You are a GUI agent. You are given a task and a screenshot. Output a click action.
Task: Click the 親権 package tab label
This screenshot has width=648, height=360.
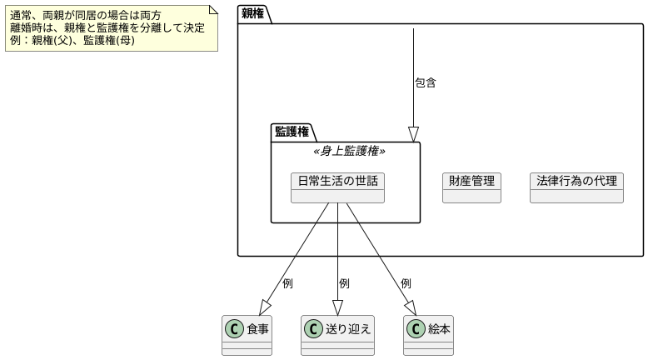[254, 12]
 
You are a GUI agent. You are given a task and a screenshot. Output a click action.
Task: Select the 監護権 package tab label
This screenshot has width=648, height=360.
[292, 132]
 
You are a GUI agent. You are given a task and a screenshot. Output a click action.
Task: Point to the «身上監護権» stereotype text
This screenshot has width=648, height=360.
[348, 151]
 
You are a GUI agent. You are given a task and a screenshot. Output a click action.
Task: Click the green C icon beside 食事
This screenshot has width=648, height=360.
[235, 329]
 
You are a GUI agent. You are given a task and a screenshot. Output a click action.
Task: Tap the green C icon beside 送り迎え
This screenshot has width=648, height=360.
[314, 329]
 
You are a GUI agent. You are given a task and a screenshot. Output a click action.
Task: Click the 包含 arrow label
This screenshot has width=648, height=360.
[425, 83]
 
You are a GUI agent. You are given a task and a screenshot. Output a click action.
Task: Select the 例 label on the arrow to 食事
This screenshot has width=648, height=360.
[287, 283]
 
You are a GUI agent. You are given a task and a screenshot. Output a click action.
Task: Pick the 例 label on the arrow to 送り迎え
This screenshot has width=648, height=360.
[344, 283]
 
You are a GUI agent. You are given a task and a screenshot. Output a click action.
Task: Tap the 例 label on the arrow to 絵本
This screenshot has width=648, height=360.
[406, 283]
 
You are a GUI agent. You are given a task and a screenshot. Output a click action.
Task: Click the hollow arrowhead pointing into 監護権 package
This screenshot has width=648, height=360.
[413, 134]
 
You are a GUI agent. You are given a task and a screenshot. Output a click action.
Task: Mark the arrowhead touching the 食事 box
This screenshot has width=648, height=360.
[267, 307]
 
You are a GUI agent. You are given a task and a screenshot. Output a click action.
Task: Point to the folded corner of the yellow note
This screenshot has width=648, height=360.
[213, 8]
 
